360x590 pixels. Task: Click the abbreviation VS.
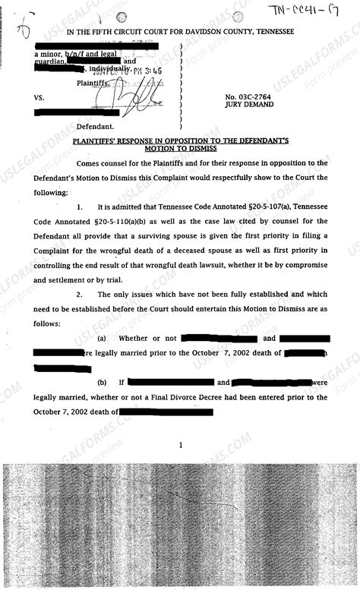pyautogui.click(x=39, y=99)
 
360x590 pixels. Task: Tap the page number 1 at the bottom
pyautogui.click(x=180, y=446)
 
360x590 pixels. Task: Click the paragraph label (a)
pyautogui.click(x=103, y=338)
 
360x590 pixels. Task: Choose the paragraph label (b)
pyautogui.click(x=103, y=383)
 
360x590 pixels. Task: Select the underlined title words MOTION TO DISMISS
pyautogui.click(x=180, y=149)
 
